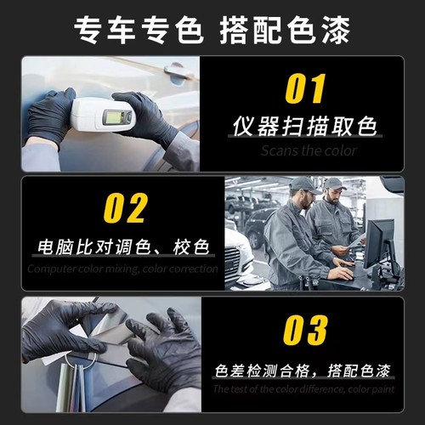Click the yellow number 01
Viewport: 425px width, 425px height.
point(303,88)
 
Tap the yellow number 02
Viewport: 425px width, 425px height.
point(125,208)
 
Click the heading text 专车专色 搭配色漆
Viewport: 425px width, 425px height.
point(212,29)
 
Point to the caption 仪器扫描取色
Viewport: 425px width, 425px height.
point(304,127)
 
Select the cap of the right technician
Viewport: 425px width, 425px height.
point(335,183)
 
